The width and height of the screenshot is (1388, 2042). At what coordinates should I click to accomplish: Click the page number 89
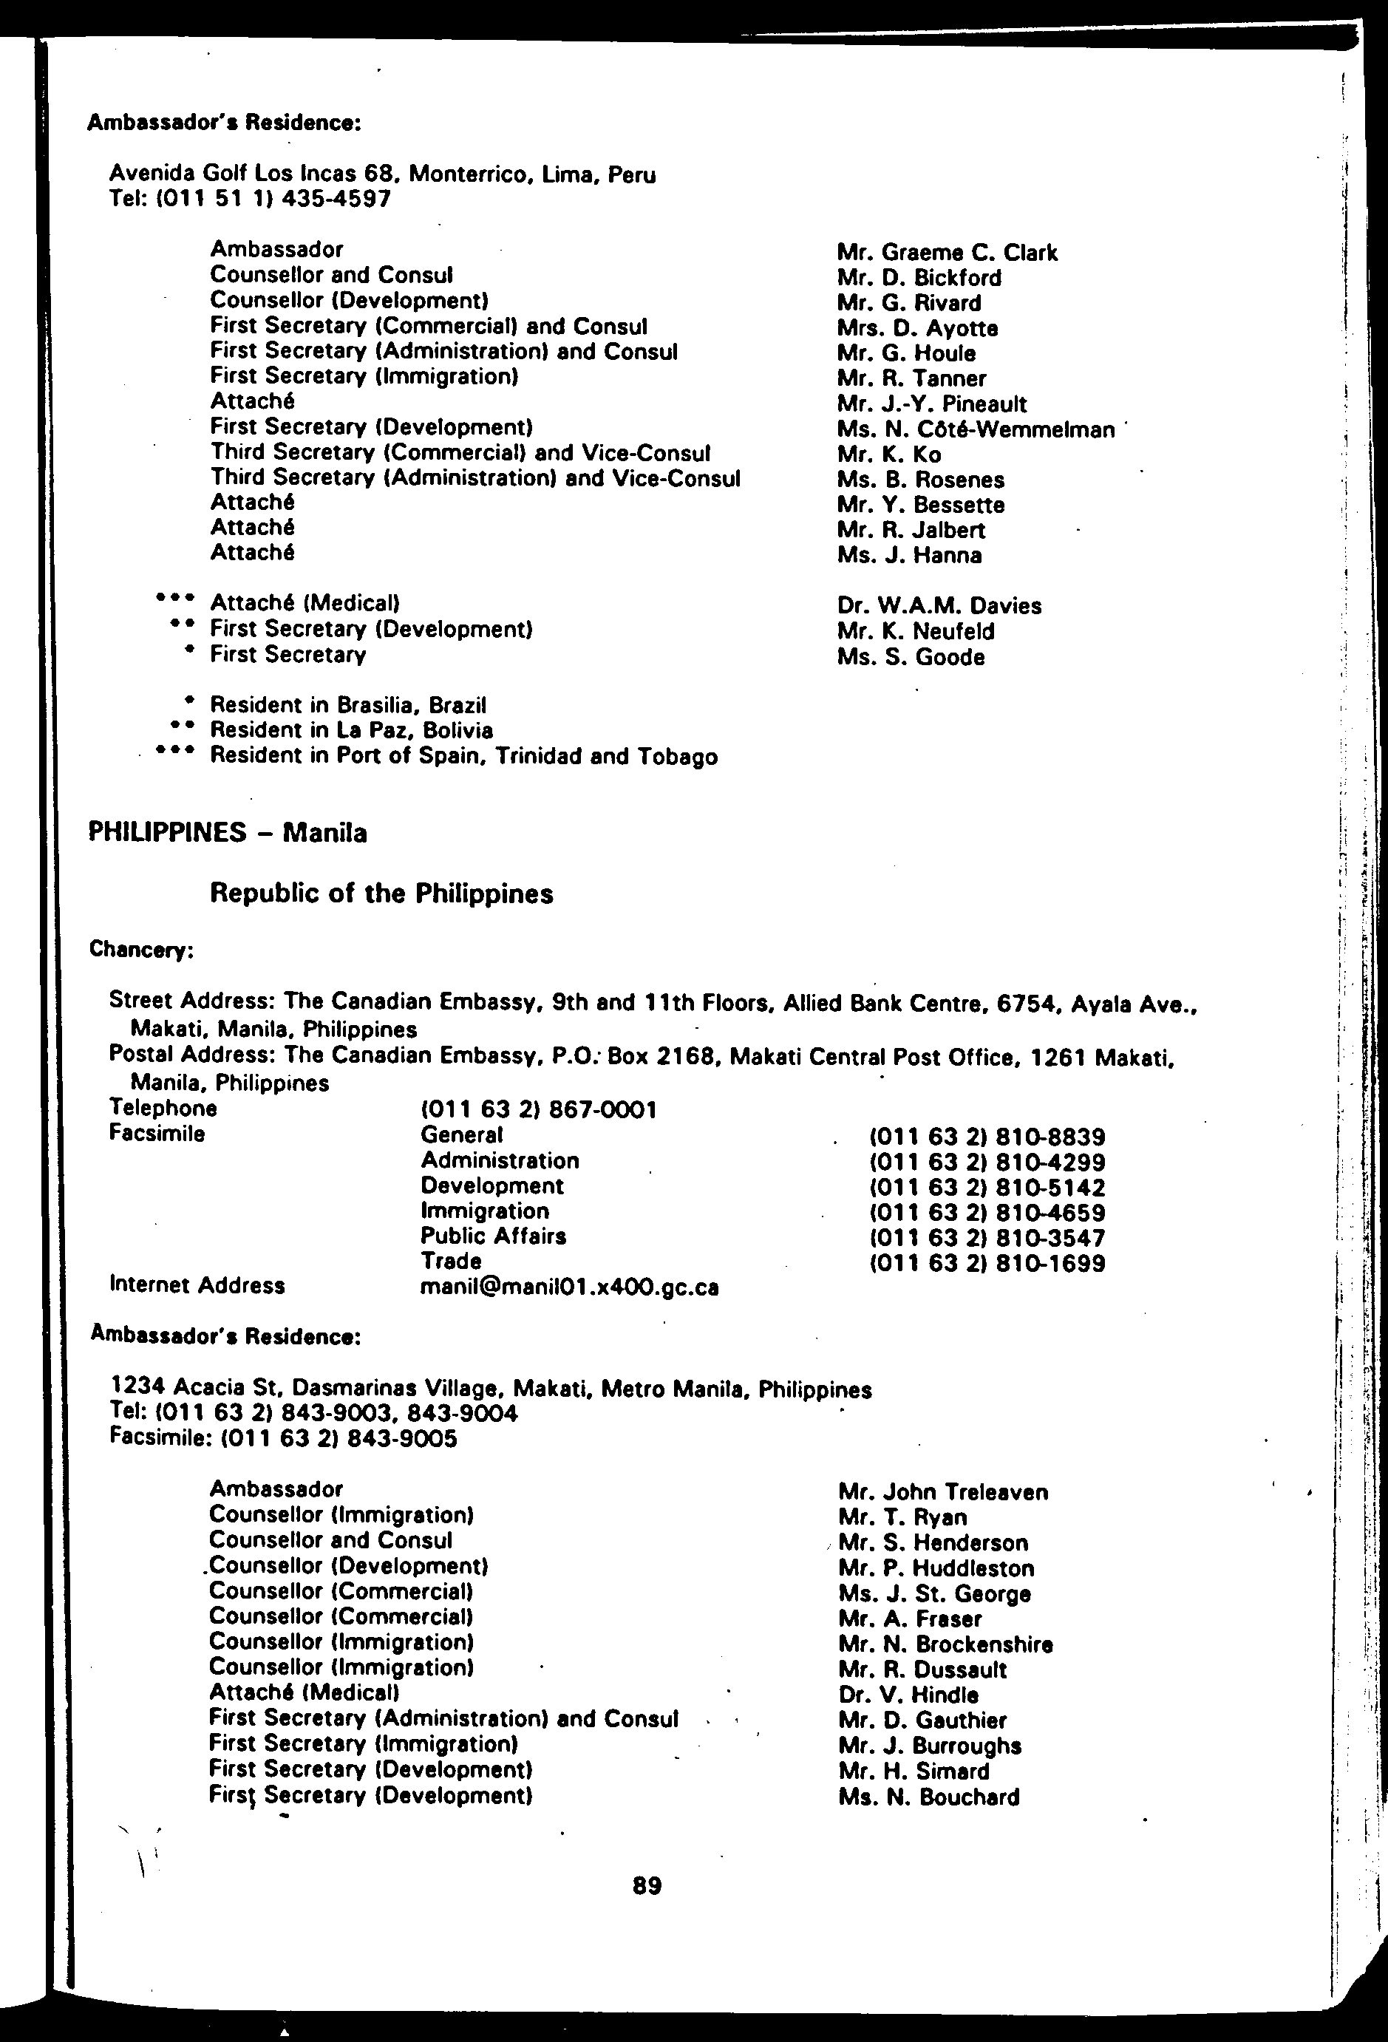click(647, 1885)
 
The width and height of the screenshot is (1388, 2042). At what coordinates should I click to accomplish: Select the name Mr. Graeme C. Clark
click(947, 253)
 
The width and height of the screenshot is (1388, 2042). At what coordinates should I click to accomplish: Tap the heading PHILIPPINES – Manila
click(228, 832)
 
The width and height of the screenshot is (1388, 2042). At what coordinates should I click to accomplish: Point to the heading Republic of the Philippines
click(381, 894)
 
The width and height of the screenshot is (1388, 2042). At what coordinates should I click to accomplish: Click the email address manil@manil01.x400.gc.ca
click(569, 1287)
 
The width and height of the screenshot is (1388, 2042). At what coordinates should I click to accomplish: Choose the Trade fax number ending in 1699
click(987, 1264)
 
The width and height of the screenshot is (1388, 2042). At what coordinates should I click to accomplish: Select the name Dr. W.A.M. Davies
click(939, 606)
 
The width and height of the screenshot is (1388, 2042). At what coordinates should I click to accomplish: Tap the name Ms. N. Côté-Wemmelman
click(975, 429)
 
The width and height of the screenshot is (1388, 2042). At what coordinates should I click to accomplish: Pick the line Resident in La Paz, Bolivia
click(350, 730)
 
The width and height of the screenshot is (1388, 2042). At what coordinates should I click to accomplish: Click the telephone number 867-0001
click(539, 1110)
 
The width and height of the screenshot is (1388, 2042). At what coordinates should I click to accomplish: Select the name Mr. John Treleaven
click(942, 1492)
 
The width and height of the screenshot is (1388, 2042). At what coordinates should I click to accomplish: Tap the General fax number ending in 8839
click(987, 1137)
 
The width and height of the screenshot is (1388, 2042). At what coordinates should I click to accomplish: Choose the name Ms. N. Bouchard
click(928, 1797)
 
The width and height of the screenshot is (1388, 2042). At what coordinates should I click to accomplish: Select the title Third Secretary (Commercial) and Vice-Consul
click(460, 453)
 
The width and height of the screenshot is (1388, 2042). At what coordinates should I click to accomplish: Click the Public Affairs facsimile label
click(493, 1236)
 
